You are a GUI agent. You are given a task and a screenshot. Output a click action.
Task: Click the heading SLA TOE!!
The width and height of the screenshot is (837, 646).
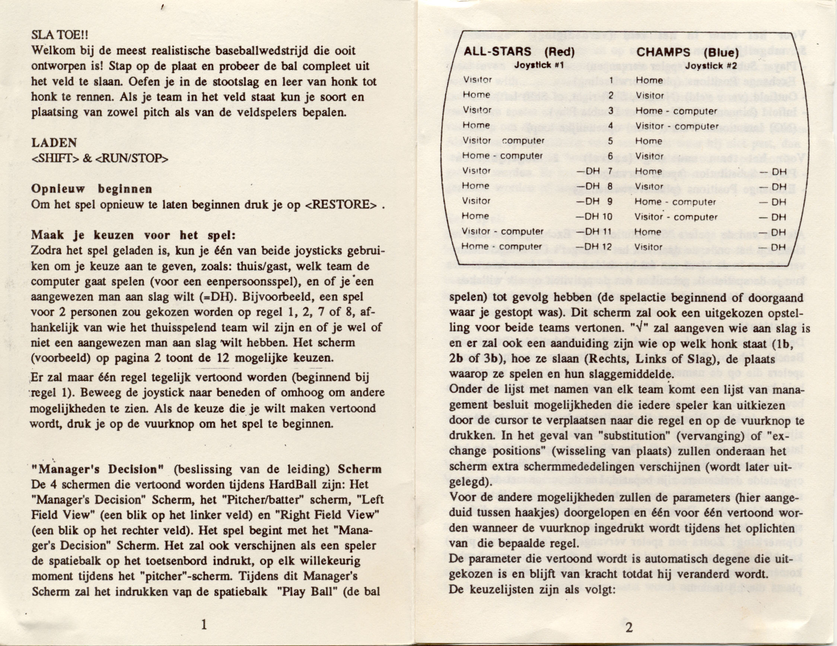60,35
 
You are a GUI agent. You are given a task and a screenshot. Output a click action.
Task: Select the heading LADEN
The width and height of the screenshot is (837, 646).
54,143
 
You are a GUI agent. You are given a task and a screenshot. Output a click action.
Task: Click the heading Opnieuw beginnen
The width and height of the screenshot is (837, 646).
92,189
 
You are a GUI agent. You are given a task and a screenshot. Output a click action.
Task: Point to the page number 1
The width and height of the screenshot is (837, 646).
204,625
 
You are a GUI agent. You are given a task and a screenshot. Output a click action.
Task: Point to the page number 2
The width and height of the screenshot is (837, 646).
629,628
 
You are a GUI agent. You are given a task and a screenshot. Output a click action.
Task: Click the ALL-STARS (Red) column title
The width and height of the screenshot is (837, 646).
519,52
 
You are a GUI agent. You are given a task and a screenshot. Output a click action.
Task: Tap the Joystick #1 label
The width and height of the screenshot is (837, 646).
539,65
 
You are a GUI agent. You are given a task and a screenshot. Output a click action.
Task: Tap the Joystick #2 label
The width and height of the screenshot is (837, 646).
711,66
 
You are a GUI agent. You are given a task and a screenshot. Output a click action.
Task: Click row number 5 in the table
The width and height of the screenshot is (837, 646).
611,141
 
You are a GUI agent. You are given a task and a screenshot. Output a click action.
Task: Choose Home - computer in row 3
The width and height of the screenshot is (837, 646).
676,111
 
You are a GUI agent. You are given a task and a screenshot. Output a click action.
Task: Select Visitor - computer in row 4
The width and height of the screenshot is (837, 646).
677,126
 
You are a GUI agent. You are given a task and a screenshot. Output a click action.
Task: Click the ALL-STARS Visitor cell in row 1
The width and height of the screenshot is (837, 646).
478,80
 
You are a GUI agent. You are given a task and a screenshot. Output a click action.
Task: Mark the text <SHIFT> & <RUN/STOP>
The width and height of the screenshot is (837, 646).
100,158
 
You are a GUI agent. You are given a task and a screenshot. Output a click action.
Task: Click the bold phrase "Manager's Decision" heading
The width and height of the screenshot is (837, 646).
98,470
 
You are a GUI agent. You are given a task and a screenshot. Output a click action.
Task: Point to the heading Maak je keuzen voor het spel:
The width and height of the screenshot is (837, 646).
133,235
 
